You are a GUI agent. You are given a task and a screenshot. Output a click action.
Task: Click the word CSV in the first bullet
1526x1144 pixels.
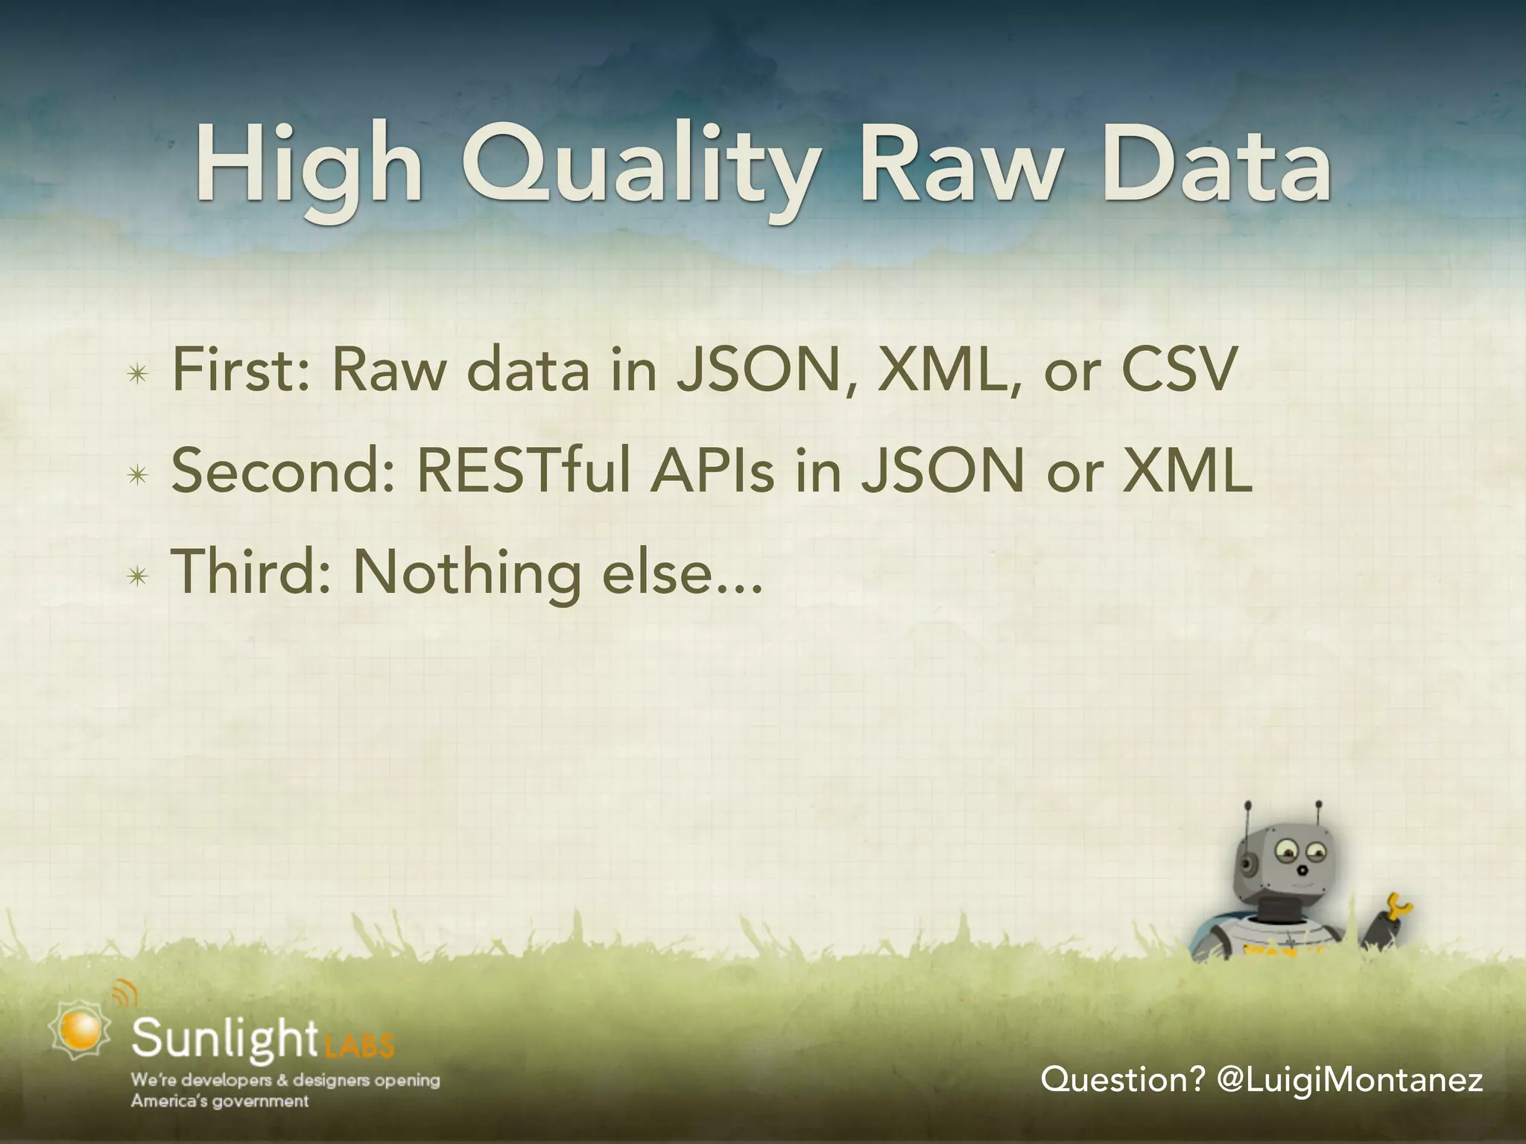[1178, 370]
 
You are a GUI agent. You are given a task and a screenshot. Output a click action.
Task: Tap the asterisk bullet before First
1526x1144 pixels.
[137, 375]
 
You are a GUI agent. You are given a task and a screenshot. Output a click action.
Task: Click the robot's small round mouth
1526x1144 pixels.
[1302, 869]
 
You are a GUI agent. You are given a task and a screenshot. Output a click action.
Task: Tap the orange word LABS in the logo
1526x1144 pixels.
[359, 1046]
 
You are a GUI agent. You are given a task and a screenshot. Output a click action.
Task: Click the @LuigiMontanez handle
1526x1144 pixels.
[1349, 1079]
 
